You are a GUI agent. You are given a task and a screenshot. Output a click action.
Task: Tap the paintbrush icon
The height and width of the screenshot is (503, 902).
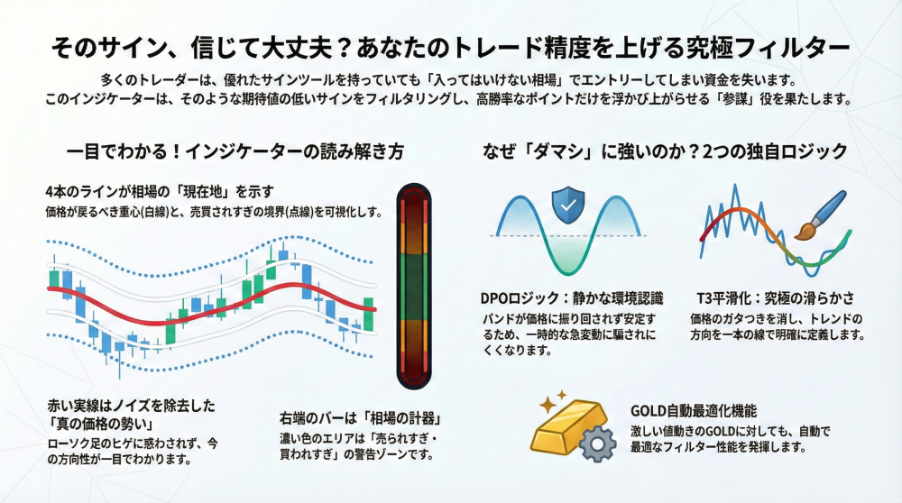(x=821, y=215)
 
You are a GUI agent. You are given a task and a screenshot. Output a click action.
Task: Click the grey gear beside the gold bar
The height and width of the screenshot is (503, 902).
(x=597, y=444)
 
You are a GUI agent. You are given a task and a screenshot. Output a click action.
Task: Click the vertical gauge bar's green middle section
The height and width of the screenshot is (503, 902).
(x=414, y=287)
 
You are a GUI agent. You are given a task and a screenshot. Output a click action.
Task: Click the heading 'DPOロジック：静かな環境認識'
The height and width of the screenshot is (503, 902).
(x=572, y=298)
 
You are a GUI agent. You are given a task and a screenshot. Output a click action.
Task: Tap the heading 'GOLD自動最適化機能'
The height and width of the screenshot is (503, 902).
(x=694, y=411)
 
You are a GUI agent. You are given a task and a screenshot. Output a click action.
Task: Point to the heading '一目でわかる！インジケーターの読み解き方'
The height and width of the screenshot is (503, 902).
(x=235, y=151)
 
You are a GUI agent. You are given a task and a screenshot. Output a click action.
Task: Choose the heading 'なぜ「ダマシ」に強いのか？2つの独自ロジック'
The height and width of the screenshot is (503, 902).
(x=665, y=151)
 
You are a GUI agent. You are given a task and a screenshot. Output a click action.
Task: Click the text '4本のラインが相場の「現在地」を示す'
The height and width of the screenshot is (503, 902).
(x=160, y=191)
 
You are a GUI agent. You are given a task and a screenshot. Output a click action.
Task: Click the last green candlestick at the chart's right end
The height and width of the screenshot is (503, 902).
(x=368, y=314)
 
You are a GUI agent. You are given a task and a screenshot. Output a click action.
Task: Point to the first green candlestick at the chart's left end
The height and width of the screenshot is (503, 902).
(x=54, y=278)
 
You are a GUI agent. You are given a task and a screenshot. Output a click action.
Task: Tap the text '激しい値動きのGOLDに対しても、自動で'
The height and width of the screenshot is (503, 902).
(x=731, y=431)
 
